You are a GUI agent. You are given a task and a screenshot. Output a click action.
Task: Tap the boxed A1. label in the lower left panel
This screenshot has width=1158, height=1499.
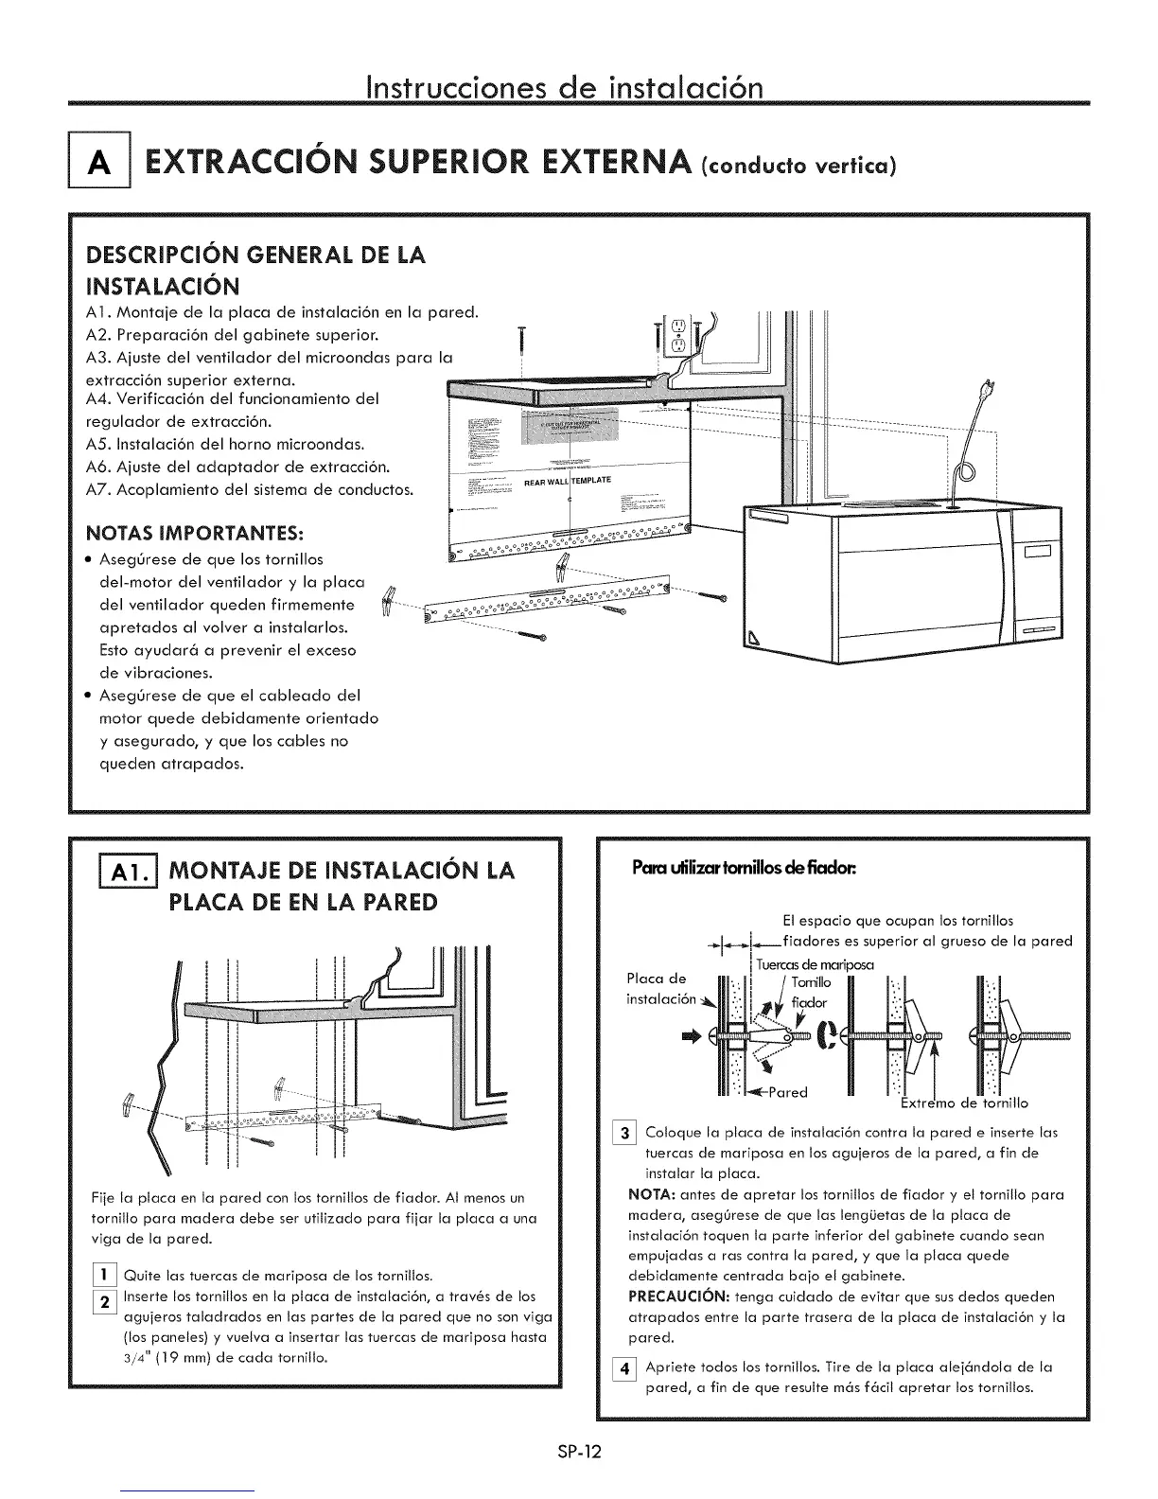pos(113,871)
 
